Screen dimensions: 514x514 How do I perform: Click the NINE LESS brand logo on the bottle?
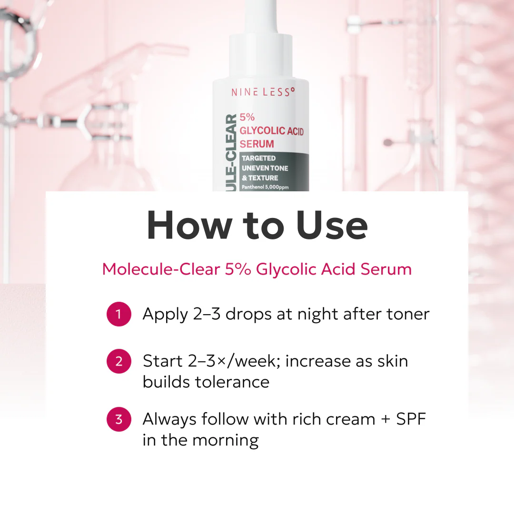[x=263, y=92]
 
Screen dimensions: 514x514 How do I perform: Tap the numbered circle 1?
[x=119, y=314]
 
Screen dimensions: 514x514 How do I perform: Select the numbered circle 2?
[x=119, y=361]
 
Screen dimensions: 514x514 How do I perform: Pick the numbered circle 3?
[x=119, y=419]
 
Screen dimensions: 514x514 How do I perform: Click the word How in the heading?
[x=189, y=225]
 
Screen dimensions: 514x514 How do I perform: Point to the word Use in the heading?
[x=332, y=225]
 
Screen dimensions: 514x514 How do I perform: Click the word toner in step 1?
[x=408, y=314]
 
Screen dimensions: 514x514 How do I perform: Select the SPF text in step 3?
[x=411, y=419]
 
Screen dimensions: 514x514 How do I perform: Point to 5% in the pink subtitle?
[x=238, y=269]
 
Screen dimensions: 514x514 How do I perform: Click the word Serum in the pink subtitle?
[x=386, y=269]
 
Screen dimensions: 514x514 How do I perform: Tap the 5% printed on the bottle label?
[x=247, y=117]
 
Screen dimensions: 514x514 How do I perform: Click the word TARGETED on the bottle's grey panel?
[x=258, y=158]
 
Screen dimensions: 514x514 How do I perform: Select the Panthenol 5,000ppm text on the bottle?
[x=265, y=187]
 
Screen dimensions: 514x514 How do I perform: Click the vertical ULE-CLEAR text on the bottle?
[x=231, y=153]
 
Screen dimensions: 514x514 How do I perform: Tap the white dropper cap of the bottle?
[x=261, y=40]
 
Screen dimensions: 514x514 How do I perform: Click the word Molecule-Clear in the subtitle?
[x=161, y=269]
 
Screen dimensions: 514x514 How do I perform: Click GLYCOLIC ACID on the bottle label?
[x=272, y=131]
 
